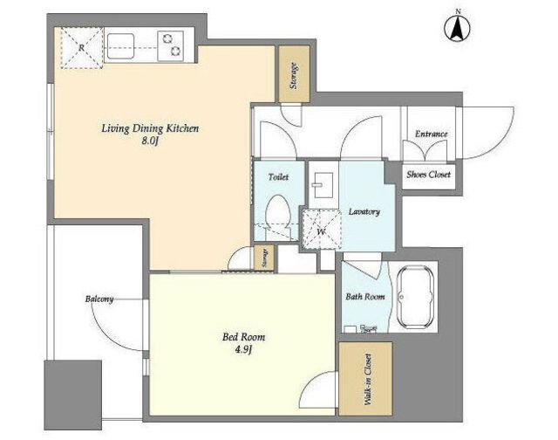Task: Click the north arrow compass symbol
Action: (x=457, y=28)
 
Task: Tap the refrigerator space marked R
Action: (x=82, y=48)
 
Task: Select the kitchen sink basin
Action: (x=120, y=46)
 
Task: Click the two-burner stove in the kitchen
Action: (x=171, y=45)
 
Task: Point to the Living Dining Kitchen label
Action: (x=150, y=128)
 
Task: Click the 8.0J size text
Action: (x=150, y=141)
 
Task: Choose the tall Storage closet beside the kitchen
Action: (x=294, y=74)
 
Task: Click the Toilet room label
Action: (x=278, y=176)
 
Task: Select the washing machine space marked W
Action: (x=322, y=229)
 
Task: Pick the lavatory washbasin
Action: (x=323, y=185)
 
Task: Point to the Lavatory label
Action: (x=364, y=212)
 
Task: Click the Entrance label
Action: (x=432, y=134)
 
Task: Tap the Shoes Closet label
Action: (x=428, y=175)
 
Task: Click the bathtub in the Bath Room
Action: (x=415, y=297)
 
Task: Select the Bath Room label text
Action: (x=365, y=297)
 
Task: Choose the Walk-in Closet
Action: (x=365, y=379)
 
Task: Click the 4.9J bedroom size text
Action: (x=243, y=350)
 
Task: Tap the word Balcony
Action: (x=99, y=299)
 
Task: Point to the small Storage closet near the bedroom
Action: (x=265, y=257)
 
